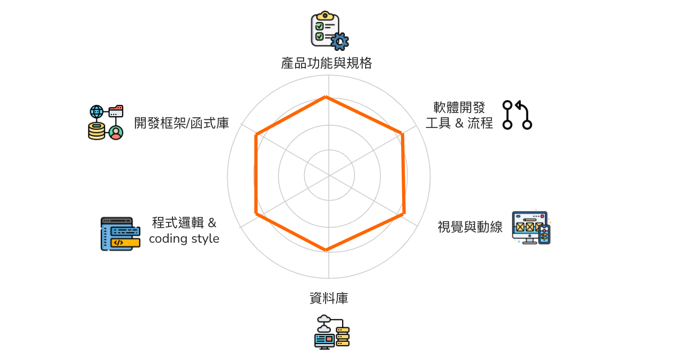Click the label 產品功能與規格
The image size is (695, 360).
[326, 63]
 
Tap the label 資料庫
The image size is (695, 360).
[329, 298]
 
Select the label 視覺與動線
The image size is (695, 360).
[470, 227]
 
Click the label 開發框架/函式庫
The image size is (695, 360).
[182, 123]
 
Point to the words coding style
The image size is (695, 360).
[184, 238]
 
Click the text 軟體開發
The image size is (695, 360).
[459, 107]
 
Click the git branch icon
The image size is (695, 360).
[517, 115]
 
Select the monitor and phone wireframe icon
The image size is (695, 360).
[531, 228]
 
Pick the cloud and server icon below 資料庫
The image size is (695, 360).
[331, 332]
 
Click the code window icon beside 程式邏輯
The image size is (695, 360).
[120, 234]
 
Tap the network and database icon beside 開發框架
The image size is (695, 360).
[105, 122]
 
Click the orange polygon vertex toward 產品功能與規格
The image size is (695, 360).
[326, 96]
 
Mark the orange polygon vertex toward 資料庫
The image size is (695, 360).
[326, 250]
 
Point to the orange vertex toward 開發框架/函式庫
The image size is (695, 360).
[256, 134]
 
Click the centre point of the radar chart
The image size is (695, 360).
[329, 175]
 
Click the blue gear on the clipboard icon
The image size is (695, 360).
[339, 41]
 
